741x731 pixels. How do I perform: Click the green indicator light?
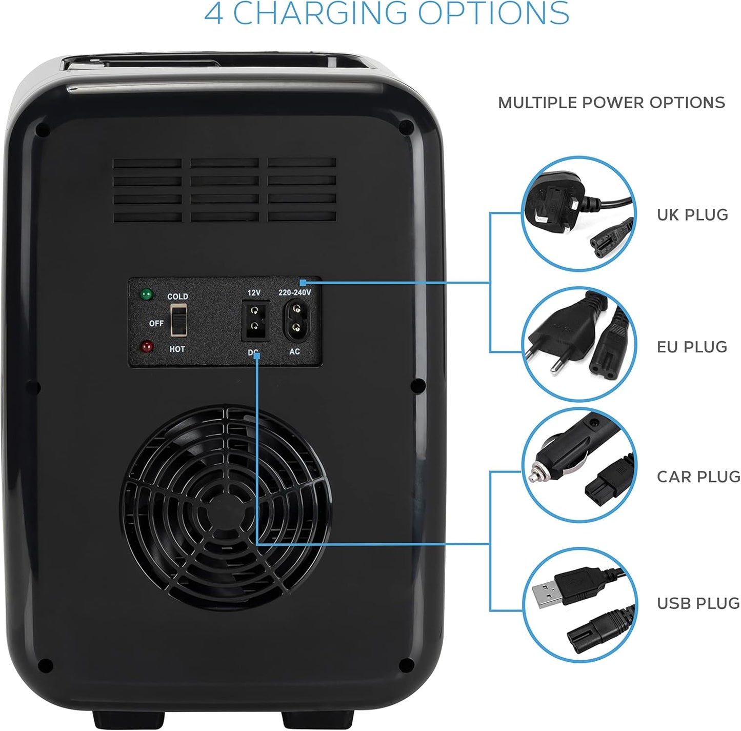(x=147, y=294)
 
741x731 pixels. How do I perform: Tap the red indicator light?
(x=147, y=347)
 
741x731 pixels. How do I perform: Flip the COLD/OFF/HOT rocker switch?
(x=179, y=320)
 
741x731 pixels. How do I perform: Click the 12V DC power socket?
(x=254, y=321)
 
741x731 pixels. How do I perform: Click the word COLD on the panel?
(x=177, y=297)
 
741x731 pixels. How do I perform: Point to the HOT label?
(x=177, y=349)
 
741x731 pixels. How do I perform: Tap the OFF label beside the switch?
(x=156, y=324)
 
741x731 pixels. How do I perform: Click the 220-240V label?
(x=294, y=293)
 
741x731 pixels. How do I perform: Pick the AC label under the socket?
(x=294, y=352)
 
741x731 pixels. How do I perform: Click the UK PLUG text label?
(x=692, y=215)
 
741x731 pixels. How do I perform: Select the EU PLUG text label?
(x=692, y=347)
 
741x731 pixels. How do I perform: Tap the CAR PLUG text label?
(x=698, y=477)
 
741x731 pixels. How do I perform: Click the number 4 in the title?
(x=213, y=13)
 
